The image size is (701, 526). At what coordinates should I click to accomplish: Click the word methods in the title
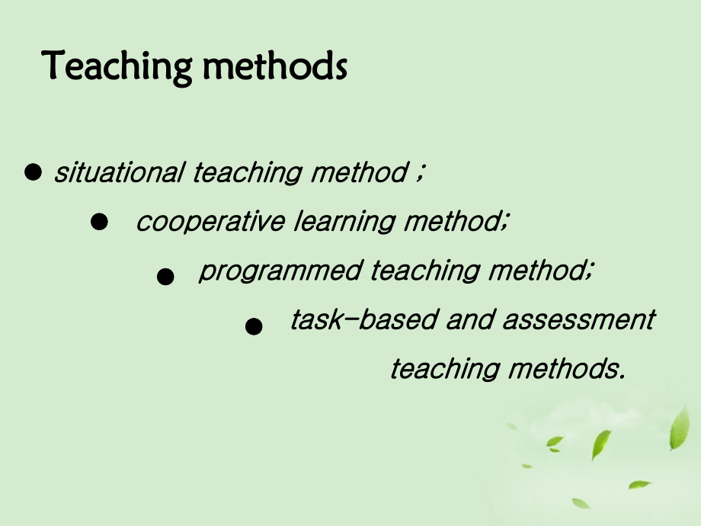pos(275,66)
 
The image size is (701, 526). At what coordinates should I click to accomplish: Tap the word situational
pos(120,172)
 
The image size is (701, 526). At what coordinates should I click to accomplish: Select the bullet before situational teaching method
pos(33,172)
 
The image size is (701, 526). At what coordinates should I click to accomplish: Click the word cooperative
pos(210,221)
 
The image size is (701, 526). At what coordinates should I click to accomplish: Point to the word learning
pos(344,221)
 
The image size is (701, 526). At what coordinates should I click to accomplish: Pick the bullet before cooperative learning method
pos(99,221)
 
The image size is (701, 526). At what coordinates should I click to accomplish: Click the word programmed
pos(280,271)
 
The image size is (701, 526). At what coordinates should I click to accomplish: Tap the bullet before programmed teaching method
pos(165,277)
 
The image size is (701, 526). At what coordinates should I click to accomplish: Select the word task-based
pos(364,319)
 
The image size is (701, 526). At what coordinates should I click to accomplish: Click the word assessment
pos(579,319)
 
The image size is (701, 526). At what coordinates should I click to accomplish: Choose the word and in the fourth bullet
pos(470,319)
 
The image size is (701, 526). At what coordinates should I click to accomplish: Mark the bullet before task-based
pos(254,326)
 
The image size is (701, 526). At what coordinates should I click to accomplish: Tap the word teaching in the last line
pos(445,369)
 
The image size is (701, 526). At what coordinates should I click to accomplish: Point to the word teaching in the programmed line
pos(425,271)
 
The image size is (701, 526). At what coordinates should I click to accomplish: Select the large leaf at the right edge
pos(680,428)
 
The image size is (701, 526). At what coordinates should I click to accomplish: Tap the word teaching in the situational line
pos(247,172)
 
